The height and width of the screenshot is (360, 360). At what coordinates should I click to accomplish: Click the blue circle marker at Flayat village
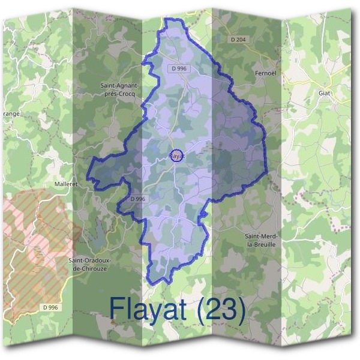click(176, 155)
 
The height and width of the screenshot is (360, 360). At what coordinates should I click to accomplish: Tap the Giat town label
click(325, 94)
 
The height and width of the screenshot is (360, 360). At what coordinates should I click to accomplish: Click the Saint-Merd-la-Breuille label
click(261, 241)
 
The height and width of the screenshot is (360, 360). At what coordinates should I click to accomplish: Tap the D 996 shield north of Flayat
click(178, 70)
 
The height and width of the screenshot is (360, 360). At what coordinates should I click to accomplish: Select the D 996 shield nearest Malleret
click(138, 199)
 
